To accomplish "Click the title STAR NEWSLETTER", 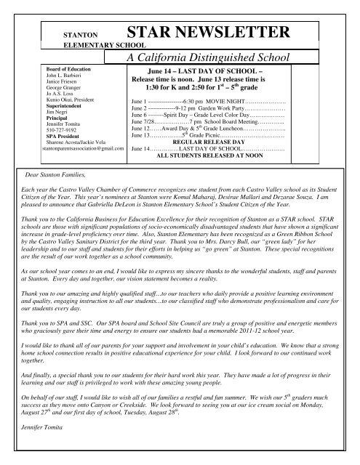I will coord(210,32).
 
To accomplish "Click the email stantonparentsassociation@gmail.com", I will coord(62,148).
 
